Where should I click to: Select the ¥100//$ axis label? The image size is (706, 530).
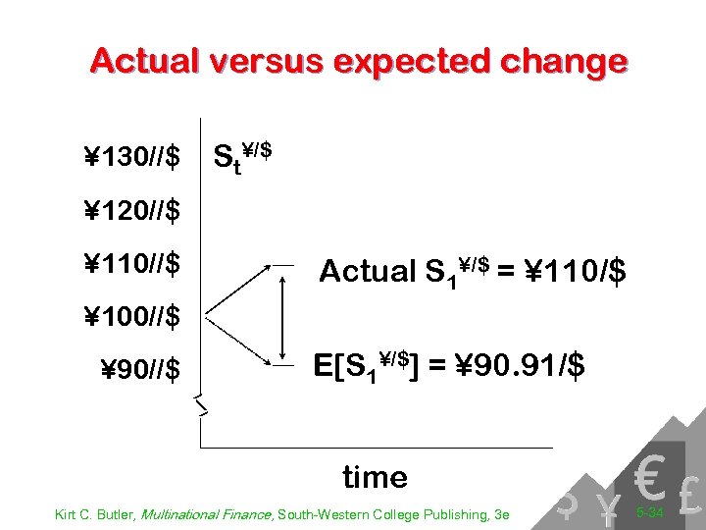click(x=131, y=317)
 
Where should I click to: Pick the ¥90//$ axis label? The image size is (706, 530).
click(x=140, y=370)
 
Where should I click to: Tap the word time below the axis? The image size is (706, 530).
click(x=375, y=477)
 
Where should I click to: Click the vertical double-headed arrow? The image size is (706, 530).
click(x=282, y=314)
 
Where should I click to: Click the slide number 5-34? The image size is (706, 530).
click(x=650, y=511)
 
